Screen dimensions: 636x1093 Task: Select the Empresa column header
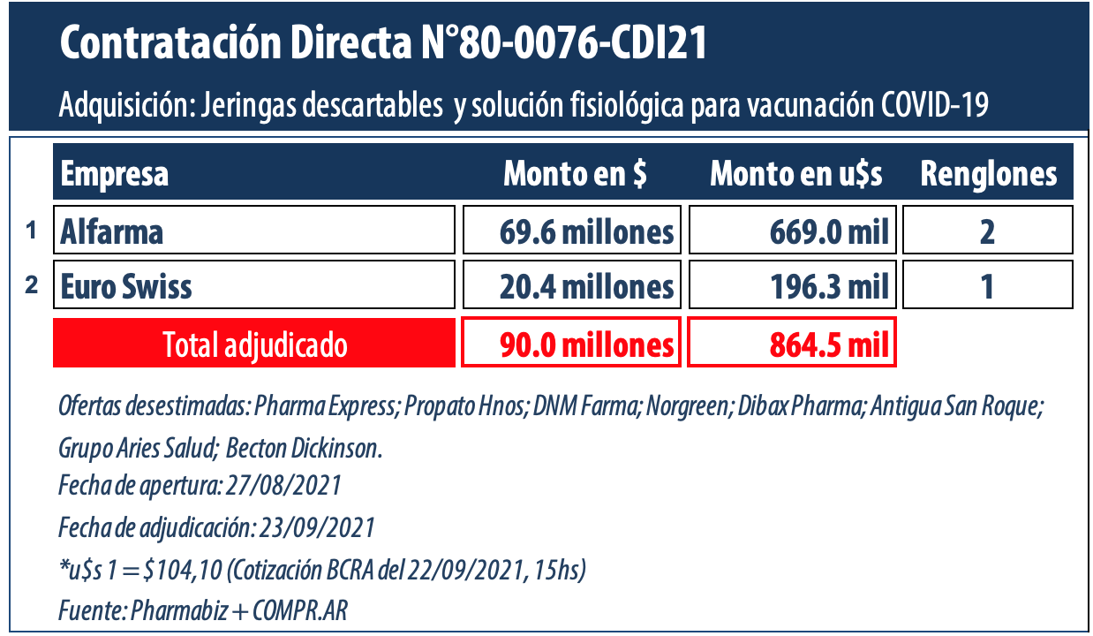(x=115, y=174)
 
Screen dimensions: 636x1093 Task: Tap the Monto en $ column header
(x=575, y=174)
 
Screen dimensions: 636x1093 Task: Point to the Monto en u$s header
(x=796, y=174)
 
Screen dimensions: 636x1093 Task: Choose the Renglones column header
(x=988, y=174)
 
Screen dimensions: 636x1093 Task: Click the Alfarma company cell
(x=254, y=231)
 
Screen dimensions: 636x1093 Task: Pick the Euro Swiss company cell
(x=254, y=286)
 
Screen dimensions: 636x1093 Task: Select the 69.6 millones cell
(x=572, y=231)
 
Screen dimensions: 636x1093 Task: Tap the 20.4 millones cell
(x=572, y=286)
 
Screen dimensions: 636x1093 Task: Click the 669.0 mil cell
(x=792, y=231)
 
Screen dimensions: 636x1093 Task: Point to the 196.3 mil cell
(x=792, y=286)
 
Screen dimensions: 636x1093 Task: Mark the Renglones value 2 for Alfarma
(x=987, y=231)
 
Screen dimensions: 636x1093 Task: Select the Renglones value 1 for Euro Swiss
(x=987, y=286)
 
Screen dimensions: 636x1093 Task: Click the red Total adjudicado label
(x=254, y=344)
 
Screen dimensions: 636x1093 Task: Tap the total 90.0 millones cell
(x=572, y=344)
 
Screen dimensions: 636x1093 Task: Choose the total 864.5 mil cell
(x=792, y=344)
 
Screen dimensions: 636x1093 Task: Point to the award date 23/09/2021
(x=316, y=528)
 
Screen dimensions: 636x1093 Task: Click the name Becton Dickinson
(x=304, y=448)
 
